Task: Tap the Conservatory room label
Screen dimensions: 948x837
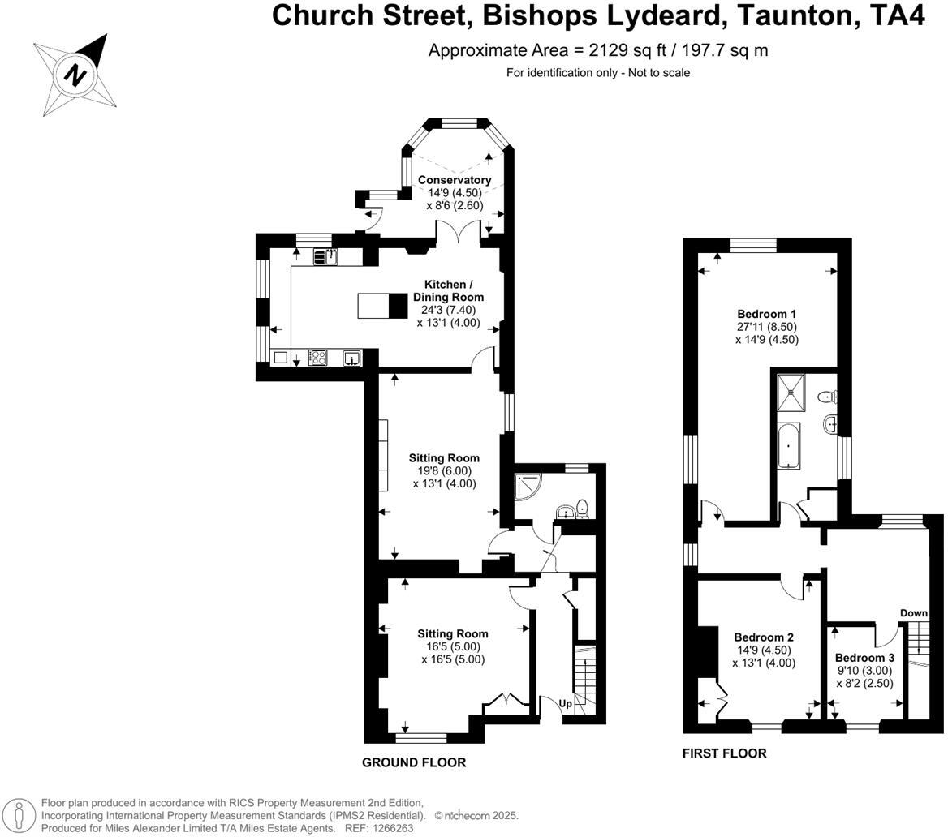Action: coord(455,180)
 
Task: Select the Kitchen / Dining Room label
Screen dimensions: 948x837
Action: coord(449,290)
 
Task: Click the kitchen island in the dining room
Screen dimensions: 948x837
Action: coord(383,305)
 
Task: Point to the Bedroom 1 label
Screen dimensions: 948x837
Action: coord(767,314)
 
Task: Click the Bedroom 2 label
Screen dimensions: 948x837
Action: coord(764,637)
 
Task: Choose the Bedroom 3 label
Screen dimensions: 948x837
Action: coord(864,658)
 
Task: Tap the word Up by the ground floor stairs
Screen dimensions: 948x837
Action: coord(565,703)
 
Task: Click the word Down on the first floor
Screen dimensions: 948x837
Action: coord(914,613)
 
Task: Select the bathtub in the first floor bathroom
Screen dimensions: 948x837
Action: coord(788,446)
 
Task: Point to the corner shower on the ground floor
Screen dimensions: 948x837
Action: coord(527,487)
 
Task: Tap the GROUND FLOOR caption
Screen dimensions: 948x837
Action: coord(414,762)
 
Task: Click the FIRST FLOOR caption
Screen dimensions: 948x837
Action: coord(724,753)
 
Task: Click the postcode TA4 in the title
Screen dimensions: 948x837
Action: coord(897,15)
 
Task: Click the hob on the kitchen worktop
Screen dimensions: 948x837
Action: coord(318,358)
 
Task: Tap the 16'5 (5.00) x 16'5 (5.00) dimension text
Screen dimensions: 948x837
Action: coord(453,653)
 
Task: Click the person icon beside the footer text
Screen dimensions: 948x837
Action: coord(19,814)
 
